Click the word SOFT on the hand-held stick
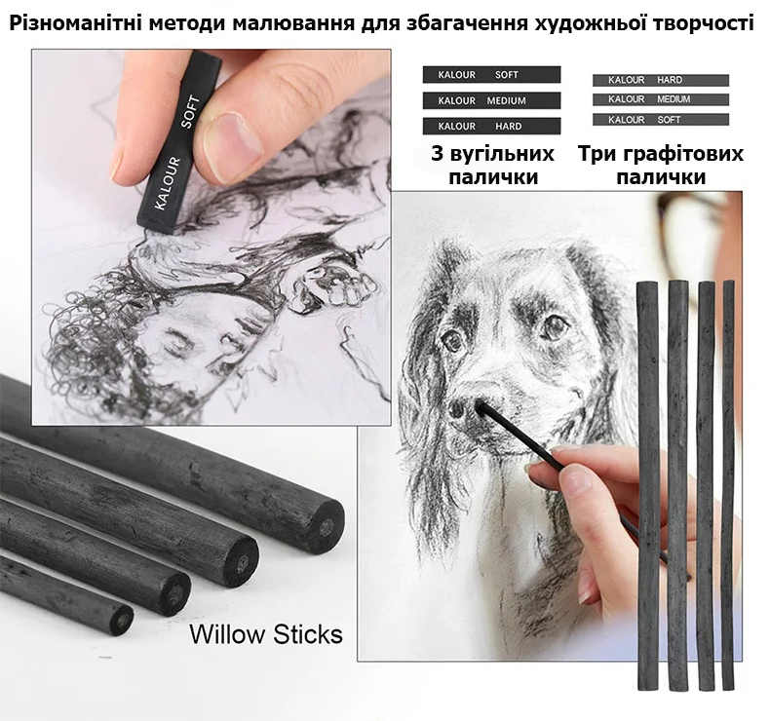190,112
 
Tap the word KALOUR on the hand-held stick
168,182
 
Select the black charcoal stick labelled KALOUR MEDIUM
491,100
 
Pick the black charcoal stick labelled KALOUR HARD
491,126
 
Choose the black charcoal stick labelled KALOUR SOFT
491,75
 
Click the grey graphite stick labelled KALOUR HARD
661,80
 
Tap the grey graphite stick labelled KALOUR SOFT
661,119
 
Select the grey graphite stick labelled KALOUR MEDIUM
661,99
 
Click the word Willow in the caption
227,633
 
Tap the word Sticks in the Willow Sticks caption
308,633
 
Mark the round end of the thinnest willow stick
121,620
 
